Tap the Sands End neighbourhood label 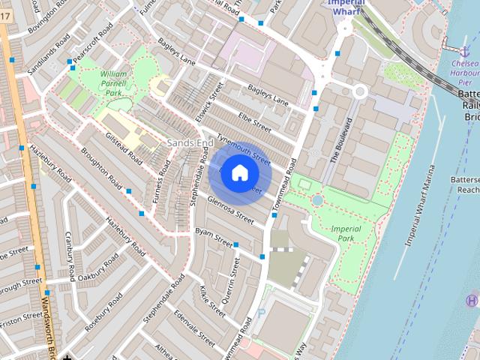[x=183, y=142]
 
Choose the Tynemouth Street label [x=243, y=148]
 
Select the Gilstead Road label [x=124, y=146]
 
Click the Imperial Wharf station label [x=346, y=6]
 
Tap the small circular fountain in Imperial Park [x=318, y=200]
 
